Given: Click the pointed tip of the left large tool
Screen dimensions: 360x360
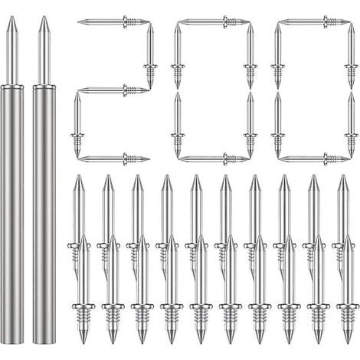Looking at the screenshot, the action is click(x=12, y=17).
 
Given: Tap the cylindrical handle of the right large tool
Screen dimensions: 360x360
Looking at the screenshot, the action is click(x=44, y=214).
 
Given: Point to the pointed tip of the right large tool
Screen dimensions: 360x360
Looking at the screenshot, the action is click(x=44, y=17).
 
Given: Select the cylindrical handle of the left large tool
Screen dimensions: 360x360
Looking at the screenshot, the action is click(x=11, y=214).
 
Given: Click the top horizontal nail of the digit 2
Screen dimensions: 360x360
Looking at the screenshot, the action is click(x=113, y=21).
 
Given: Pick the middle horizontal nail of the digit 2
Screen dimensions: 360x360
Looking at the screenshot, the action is click(x=113, y=90).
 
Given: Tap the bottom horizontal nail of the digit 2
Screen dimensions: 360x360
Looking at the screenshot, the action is click(x=113, y=159).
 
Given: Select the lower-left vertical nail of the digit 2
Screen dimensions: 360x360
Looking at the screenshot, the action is click(x=77, y=124).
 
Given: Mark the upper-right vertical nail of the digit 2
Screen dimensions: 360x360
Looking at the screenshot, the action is click(x=150, y=56).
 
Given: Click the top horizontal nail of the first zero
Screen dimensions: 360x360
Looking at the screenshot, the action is click(x=214, y=21).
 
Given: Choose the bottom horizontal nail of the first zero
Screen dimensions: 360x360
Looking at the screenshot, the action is click(x=214, y=159).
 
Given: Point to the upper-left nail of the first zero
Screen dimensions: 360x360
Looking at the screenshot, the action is click(x=178, y=56).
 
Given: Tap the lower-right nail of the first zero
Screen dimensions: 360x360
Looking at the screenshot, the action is click(x=250, y=124).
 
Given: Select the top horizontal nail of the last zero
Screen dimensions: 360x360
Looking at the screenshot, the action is click(x=314, y=21).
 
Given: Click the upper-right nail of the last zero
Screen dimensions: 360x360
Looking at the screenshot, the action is click(x=351, y=56).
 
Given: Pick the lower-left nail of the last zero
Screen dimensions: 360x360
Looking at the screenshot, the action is click(x=278, y=124).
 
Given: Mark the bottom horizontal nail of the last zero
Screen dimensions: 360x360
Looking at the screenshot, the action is click(x=314, y=159).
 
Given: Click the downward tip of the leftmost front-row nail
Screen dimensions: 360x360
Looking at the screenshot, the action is click(x=83, y=342).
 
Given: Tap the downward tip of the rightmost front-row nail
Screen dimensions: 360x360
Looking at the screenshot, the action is click(x=348, y=342).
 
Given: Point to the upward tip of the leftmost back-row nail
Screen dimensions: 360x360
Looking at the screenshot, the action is click(x=79, y=175).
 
